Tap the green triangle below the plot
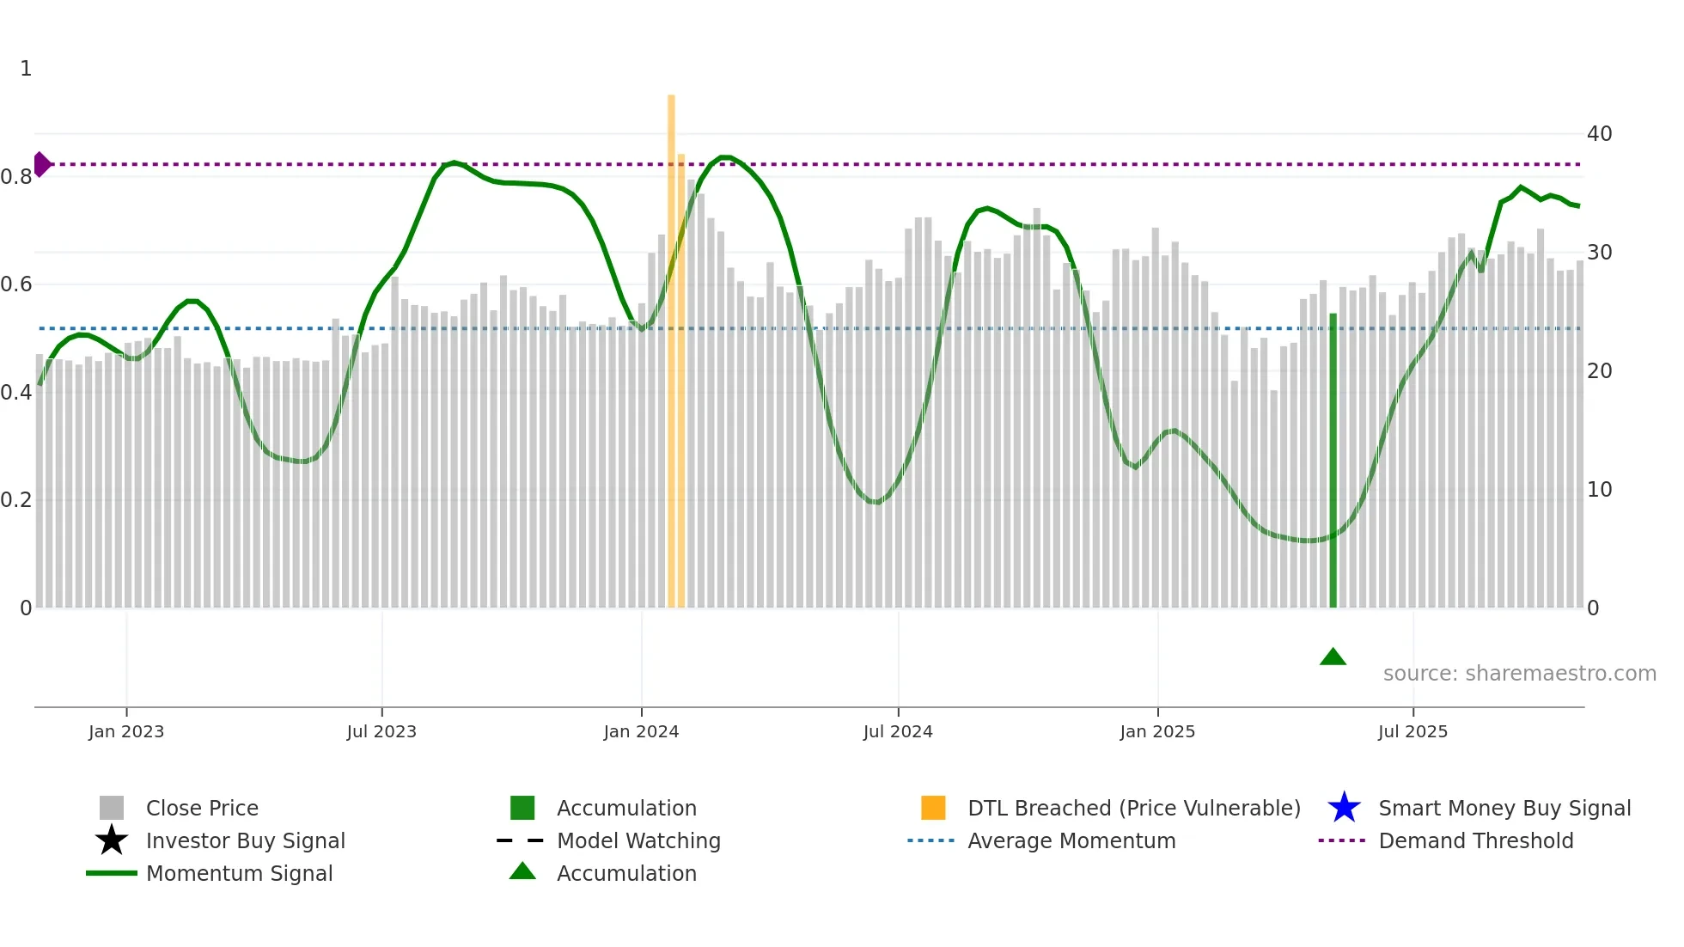1333,657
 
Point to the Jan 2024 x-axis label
641,731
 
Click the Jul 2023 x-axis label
381,731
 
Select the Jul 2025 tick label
1412,731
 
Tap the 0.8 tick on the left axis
16,177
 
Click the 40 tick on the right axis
1599,134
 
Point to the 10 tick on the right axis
1599,490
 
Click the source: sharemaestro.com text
1519,674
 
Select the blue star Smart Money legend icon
1344,808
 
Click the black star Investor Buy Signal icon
112,840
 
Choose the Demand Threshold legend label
1475,840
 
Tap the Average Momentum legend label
1071,840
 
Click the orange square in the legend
933,808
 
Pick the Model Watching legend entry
638,840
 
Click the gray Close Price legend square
112,808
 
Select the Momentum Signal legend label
239,873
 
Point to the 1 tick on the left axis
26,69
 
